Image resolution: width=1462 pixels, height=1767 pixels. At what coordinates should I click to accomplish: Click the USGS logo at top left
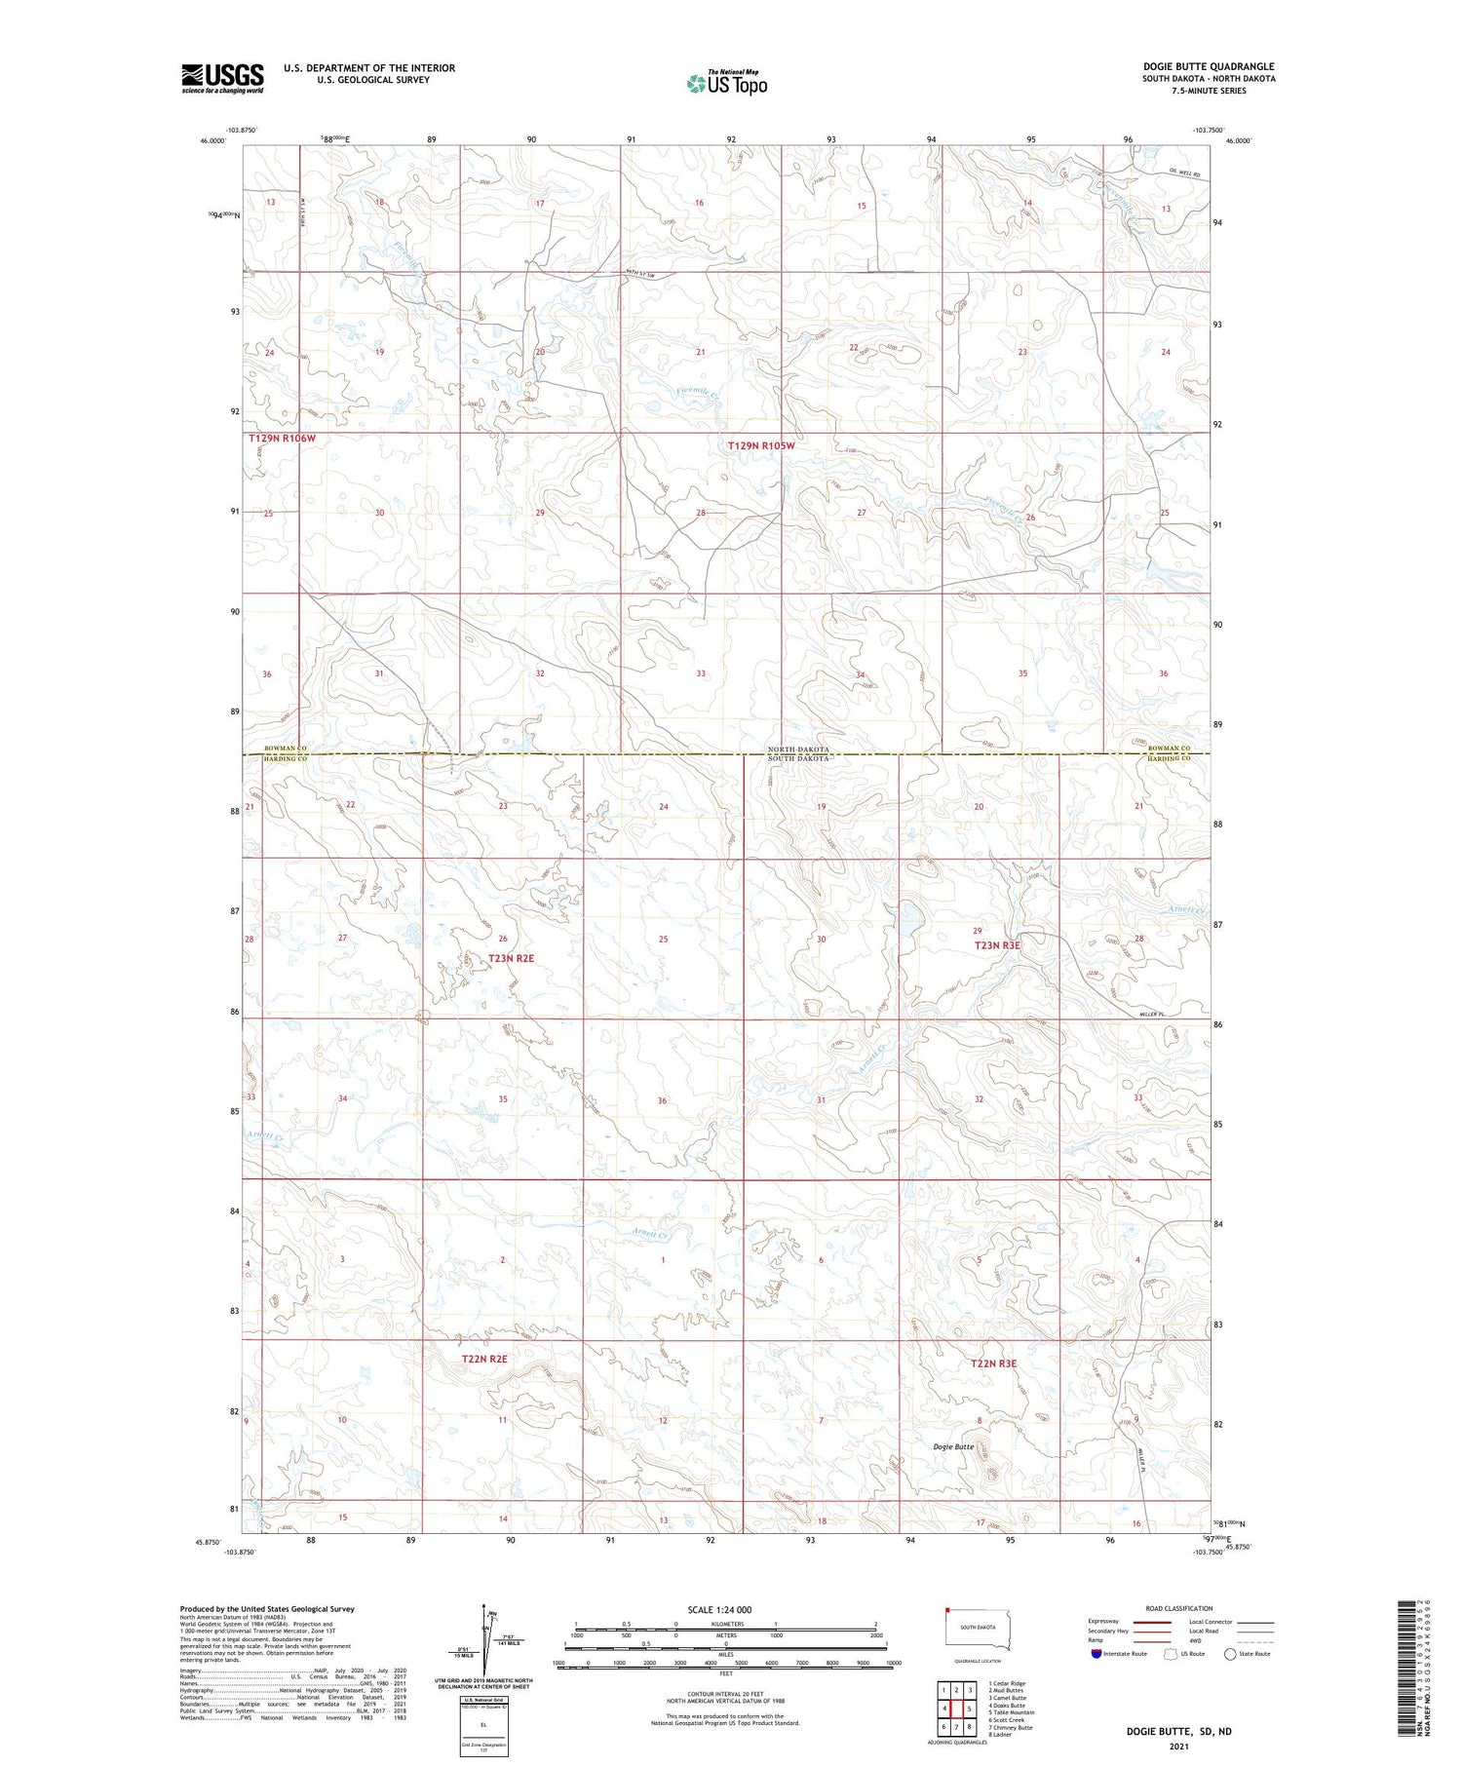click(222, 78)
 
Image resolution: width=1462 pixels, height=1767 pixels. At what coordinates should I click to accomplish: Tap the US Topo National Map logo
click(726, 83)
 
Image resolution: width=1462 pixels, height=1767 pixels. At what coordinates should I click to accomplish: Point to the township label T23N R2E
click(511, 958)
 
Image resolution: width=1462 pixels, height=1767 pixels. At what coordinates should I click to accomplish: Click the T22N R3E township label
click(993, 1364)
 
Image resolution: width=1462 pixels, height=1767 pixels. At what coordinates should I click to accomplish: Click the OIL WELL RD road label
click(1183, 173)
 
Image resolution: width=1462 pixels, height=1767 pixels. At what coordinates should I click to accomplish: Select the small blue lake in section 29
click(909, 916)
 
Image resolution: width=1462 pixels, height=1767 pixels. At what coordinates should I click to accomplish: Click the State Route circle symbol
click(1230, 1653)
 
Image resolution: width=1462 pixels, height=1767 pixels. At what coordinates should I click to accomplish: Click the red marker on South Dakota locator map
click(946, 1610)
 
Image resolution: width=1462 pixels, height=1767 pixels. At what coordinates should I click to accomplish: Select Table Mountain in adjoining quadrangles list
click(1011, 1711)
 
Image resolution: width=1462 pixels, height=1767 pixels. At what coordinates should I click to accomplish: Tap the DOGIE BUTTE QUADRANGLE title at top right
click(1209, 66)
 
